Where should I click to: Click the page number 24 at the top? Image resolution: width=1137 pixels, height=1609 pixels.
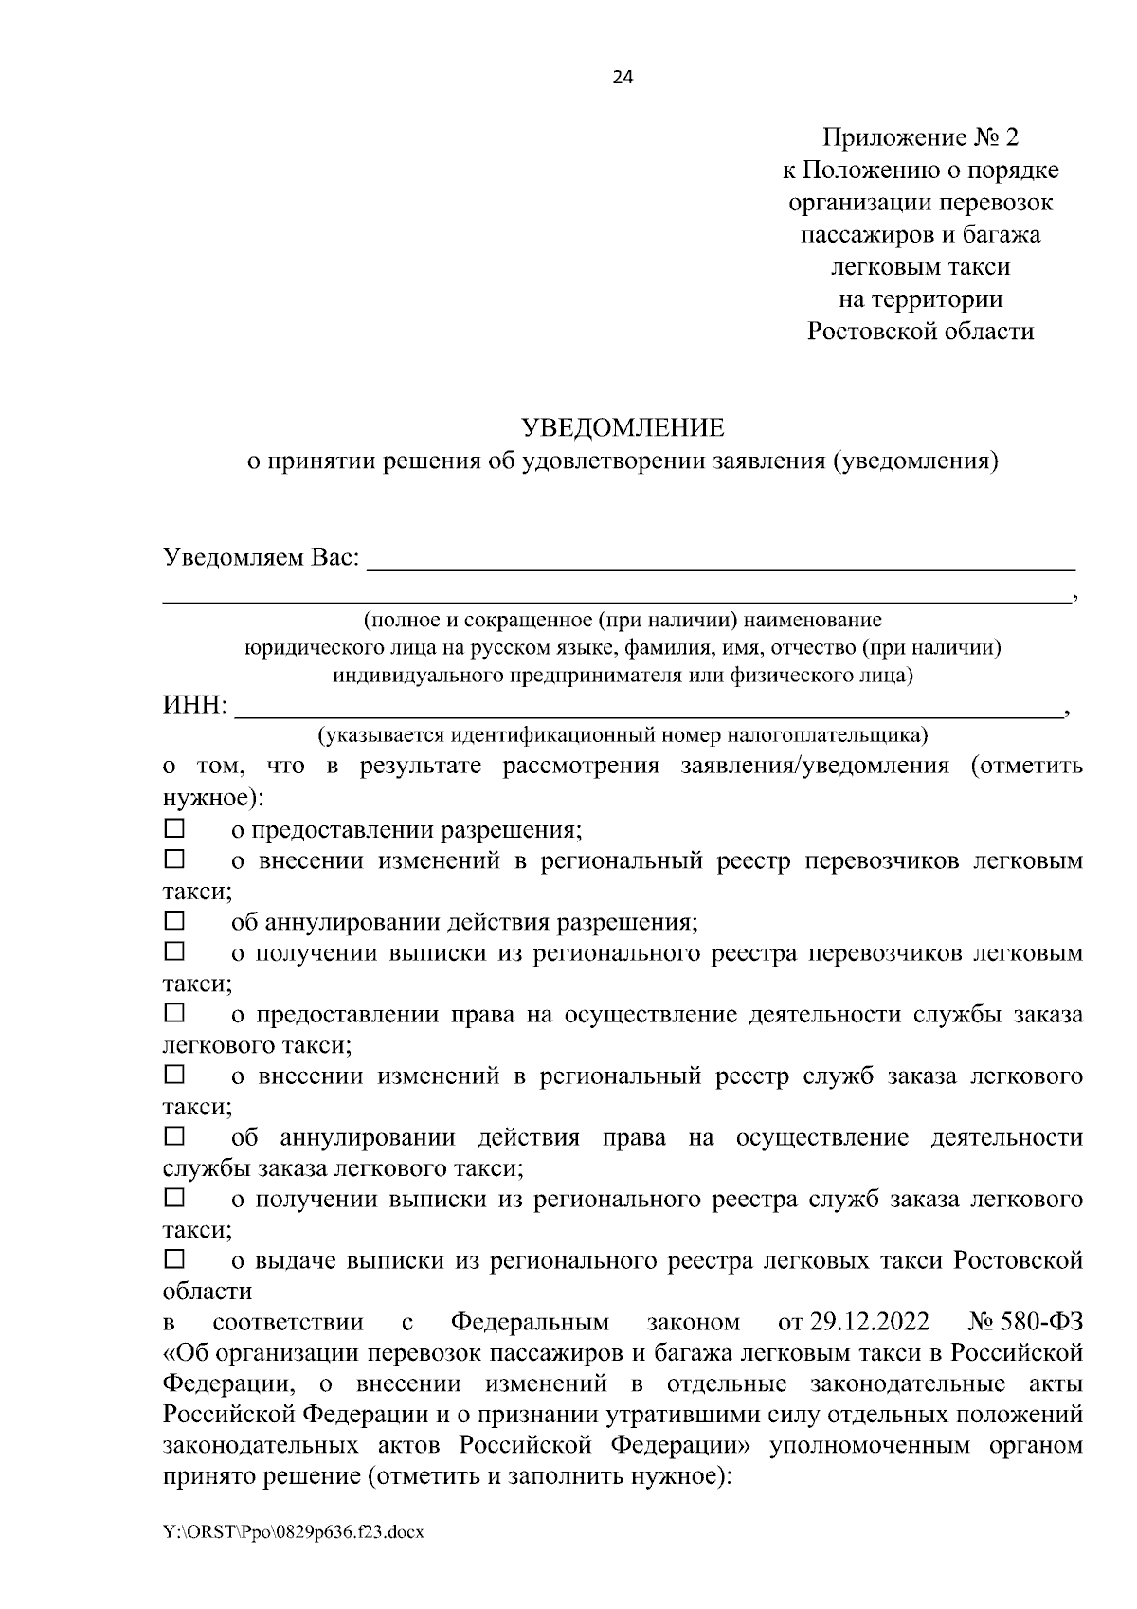623,77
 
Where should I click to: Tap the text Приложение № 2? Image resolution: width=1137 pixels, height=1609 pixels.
920,138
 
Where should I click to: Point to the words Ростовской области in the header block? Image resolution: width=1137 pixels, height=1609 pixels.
920,332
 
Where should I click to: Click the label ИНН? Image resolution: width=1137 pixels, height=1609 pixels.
195,707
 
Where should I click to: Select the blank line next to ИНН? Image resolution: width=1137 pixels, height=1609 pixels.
649,709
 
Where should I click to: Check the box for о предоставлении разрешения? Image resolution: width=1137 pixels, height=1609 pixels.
175,829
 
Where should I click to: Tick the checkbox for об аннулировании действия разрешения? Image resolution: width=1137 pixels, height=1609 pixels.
175,921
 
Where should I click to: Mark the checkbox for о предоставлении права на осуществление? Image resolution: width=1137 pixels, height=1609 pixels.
175,1014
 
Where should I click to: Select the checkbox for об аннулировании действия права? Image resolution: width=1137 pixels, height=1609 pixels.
175,1136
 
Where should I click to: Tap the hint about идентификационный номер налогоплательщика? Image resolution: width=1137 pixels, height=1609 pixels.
623,735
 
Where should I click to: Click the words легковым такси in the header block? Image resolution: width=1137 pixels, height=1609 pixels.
920,267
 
